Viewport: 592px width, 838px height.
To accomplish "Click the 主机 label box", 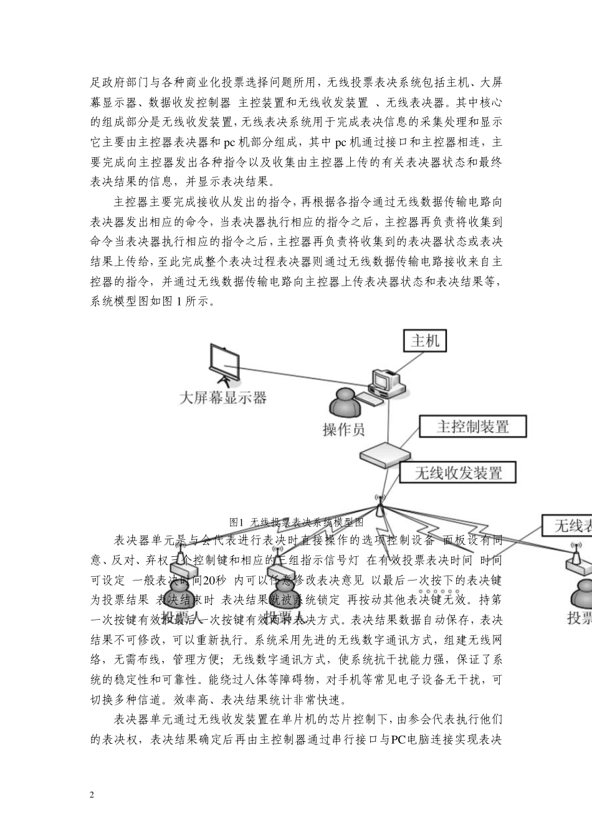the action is pyautogui.click(x=425, y=340).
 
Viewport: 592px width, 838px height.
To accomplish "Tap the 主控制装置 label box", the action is pyautogui.click(x=473, y=426).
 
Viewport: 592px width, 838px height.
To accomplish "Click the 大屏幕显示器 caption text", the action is pyautogui.click(x=222, y=398).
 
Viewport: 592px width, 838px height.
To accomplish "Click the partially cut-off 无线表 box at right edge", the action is pyautogui.click(x=566, y=526).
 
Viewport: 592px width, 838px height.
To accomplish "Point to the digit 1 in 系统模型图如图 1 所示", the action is pyautogui.click(x=180, y=302).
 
